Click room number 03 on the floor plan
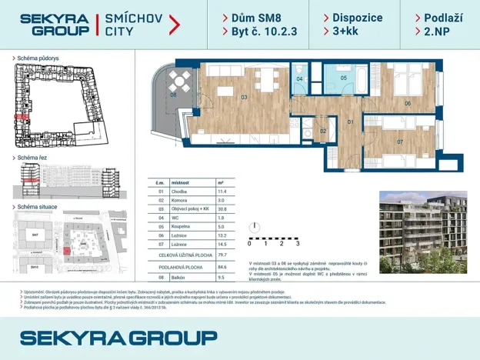244,98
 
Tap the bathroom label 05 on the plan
344,78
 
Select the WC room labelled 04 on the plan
300,78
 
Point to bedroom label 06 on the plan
407,102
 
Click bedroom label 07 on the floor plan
400,142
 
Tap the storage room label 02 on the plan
323,131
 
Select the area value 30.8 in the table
222,209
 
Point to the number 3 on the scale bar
297,243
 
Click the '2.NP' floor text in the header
427,32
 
